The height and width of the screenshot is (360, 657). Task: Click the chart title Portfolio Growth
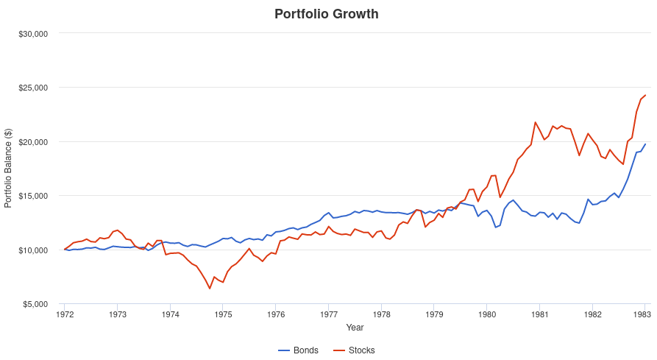click(326, 14)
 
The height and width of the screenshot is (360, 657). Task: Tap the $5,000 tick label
click(34, 304)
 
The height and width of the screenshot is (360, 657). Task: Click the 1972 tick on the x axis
click(65, 313)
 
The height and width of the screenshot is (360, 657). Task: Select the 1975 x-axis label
click(223, 313)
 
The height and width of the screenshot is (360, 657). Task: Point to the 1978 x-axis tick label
click(381, 313)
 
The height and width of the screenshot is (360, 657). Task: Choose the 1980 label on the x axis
click(486, 313)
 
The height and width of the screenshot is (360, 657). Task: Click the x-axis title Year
click(355, 327)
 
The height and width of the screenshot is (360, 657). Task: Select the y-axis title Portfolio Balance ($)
click(9, 169)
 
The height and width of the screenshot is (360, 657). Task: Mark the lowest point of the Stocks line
click(210, 289)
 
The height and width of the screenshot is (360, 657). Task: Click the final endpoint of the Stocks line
click(645, 95)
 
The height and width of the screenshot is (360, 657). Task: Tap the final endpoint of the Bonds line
click(645, 144)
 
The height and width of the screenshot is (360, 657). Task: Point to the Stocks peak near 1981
click(535, 122)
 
